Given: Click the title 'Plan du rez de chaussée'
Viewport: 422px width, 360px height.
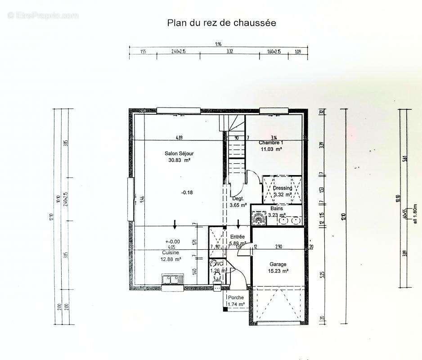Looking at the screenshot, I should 222,23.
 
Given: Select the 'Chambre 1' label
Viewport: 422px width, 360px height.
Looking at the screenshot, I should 270,143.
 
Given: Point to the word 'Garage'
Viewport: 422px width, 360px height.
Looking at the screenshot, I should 278,265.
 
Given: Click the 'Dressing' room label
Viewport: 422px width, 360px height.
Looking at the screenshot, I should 282,188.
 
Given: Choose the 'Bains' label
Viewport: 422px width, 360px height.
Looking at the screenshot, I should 276,209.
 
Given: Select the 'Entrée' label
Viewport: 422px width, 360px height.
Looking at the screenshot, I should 237,237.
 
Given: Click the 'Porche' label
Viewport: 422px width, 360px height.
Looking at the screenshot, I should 236,297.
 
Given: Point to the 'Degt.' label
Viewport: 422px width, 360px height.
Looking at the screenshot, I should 238,198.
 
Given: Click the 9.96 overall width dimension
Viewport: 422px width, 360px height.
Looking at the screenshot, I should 218,44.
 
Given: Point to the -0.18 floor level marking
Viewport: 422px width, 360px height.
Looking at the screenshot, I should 187,193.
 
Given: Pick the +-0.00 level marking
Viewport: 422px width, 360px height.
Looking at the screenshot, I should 172,242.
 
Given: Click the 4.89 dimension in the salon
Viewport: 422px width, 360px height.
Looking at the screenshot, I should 179,138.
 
